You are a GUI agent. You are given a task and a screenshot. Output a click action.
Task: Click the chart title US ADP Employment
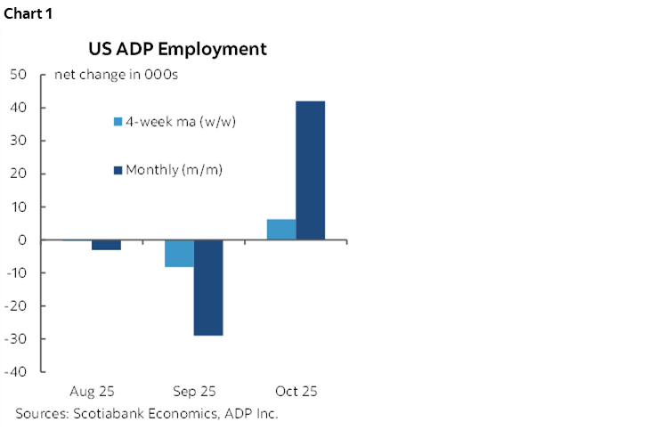[176, 49]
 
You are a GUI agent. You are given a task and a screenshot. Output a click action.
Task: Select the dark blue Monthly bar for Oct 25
[311, 170]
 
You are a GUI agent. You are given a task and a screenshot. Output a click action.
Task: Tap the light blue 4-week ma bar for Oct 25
[281, 230]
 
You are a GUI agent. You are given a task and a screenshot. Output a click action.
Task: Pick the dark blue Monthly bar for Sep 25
[208, 288]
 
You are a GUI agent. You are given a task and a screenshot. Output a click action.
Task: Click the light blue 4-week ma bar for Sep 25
[179, 254]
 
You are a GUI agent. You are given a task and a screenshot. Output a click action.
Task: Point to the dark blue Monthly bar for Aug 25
[106, 245]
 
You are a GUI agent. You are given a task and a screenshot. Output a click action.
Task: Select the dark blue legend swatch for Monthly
[118, 169]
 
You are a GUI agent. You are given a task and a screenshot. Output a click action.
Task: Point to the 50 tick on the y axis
[18, 75]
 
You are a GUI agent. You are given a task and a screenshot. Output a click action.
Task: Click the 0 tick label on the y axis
[21, 240]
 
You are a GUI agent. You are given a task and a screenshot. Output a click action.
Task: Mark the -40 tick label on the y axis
[15, 372]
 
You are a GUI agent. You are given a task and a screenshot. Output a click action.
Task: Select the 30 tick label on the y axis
[18, 141]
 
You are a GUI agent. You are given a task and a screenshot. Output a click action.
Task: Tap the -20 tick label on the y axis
[15, 306]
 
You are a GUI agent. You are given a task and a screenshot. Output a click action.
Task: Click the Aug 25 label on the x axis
[92, 391]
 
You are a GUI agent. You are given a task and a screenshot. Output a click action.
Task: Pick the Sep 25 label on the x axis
[193, 391]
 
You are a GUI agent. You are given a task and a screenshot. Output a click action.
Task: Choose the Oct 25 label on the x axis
[296, 391]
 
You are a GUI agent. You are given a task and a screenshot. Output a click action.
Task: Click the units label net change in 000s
[117, 75]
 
